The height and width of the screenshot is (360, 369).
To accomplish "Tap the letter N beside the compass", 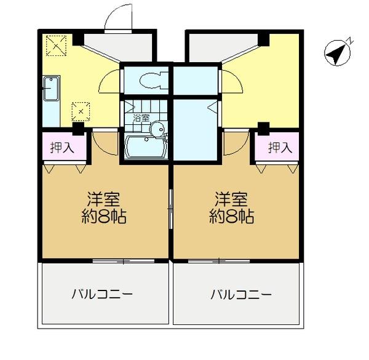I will tap(349, 41).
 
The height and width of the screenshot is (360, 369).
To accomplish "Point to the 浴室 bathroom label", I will tap(141, 117).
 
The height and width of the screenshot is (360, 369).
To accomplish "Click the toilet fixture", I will tap(149, 80).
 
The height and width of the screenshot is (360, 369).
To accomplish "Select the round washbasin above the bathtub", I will tap(158, 129).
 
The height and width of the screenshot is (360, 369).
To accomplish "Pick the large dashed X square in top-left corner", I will tap(56, 44).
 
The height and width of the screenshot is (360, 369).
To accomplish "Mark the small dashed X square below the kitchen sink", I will tap(81, 111).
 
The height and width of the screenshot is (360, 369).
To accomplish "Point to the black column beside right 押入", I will tap(263, 128).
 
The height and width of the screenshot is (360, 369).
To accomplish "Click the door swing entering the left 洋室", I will tap(105, 143).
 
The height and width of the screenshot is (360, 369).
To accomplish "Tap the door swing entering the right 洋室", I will tap(235, 144).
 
